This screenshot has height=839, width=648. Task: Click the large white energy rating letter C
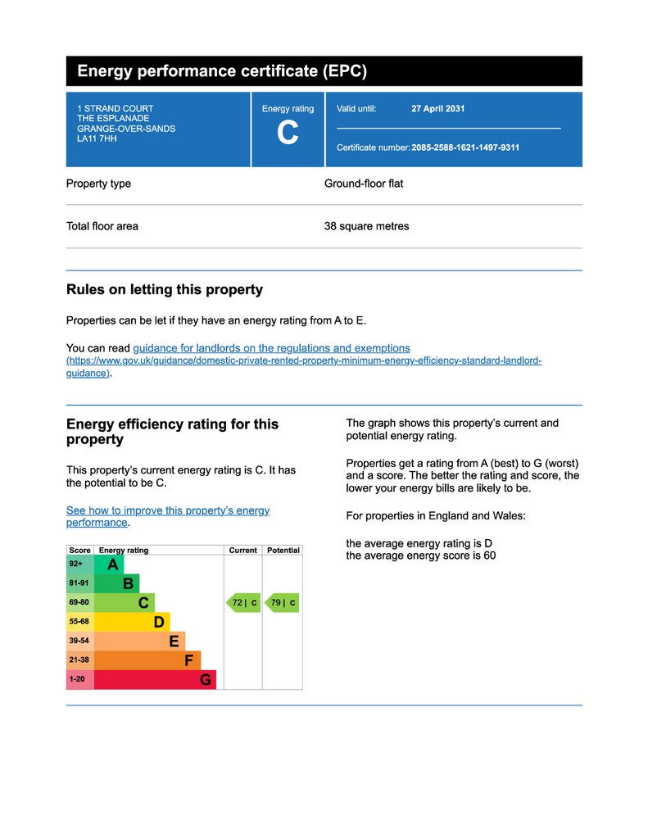pyautogui.click(x=288, y=133)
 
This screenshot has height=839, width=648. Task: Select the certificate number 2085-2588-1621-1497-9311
pyautogui.click(x=465, y=147)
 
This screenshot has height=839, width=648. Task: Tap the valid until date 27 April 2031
pyautogui.click(x=437, y=109)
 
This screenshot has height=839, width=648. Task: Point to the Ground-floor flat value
pyautogui.click(x=364, y=184)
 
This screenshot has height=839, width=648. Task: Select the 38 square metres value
pyautogui.click(x=366, y=226)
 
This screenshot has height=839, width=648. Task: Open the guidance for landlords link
pyautogui.click(x=271, y=348)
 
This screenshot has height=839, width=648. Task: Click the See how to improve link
pyautogui.click(x=167, y=510)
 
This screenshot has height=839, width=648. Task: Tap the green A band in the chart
pyautogui.click(x=109, y=565)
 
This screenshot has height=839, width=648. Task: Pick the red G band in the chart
pyautogui.click(x=155, y=679)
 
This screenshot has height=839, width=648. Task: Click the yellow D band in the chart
pyautogui.click(x=132, y=622)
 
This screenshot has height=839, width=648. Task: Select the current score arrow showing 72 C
pyautogui.click(x=243, y=603)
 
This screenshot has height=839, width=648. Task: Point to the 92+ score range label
pyautogui.click(x=76, y=565)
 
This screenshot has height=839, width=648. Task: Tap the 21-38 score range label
pyautogui.click(x=79, y=660)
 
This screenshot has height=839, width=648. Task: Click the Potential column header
pyautogui.click(x=283, y=551)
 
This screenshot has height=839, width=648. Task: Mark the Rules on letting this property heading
pyautogui.click(x=164, y=289)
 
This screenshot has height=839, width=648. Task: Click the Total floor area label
pyautogui.click(x=102, y=226)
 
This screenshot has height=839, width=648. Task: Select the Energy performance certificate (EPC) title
pyautogui.click(x=222, y=71)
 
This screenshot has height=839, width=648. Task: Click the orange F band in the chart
pyautogui.click(x=147, y=660)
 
